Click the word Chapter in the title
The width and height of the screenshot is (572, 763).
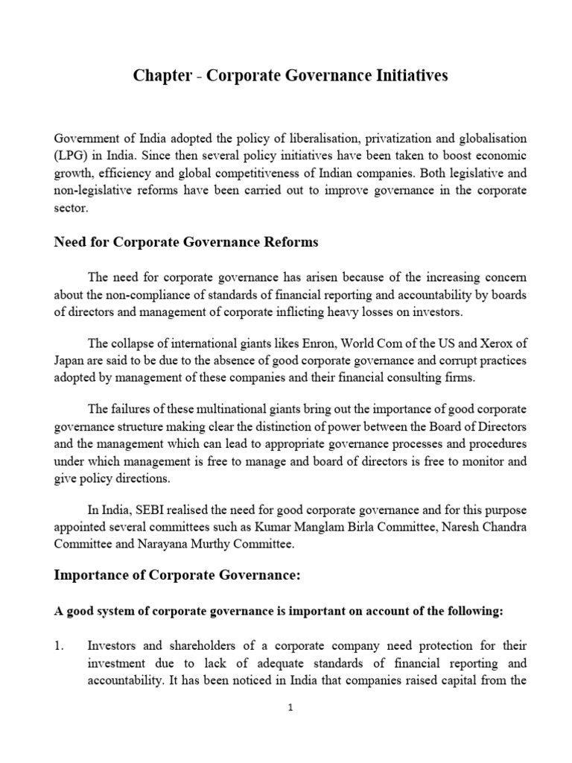point(162,77)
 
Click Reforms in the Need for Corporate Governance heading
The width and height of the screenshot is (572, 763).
point(287,242)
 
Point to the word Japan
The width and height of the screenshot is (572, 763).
point(71,360)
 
